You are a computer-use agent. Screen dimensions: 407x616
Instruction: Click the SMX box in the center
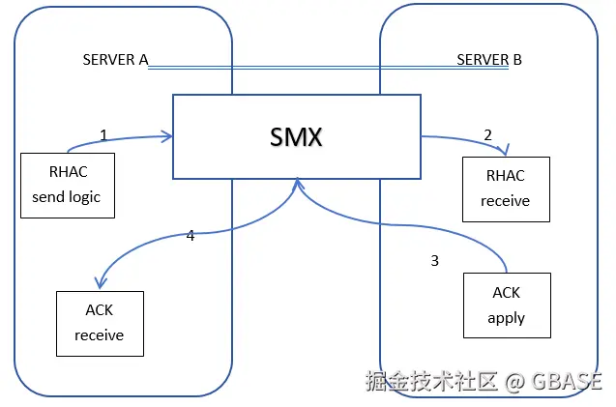pos(296,136)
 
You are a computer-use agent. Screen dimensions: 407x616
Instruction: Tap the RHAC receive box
pos(505,188)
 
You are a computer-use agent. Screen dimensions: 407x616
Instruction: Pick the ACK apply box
pos(506,305)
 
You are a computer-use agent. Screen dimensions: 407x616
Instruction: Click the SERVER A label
pos(115,60)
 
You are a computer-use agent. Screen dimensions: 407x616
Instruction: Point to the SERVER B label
pos(488,60)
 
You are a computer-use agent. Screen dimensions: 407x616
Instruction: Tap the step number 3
pos(434,260)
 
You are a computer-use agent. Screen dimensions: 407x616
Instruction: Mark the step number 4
pos(191,235)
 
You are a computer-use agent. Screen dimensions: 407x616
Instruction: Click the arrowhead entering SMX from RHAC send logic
pos(169,137)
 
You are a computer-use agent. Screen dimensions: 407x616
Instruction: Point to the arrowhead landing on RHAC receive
pos(504,152)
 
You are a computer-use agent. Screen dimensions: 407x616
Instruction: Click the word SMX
pos(296,136)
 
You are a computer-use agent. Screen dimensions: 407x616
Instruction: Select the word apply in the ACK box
pos(506,318)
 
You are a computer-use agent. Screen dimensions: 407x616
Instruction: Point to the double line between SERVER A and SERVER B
pos(302,68)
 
